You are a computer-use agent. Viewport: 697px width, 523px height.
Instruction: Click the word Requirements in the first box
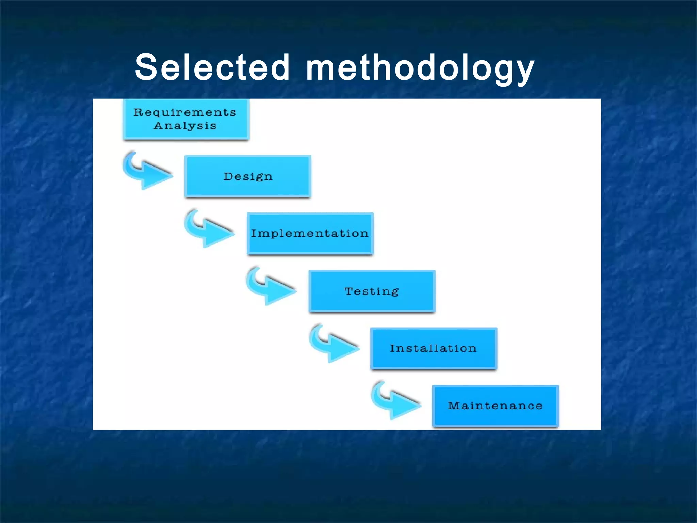185,112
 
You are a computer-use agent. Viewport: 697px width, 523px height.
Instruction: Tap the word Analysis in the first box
185,126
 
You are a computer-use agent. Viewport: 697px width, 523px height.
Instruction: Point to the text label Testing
372,291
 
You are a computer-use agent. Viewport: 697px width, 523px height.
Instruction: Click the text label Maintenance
495,406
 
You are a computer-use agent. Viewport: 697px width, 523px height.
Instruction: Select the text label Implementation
310,234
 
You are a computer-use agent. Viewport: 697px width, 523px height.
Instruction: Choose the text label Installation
433,348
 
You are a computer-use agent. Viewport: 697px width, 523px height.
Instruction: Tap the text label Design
248,177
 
